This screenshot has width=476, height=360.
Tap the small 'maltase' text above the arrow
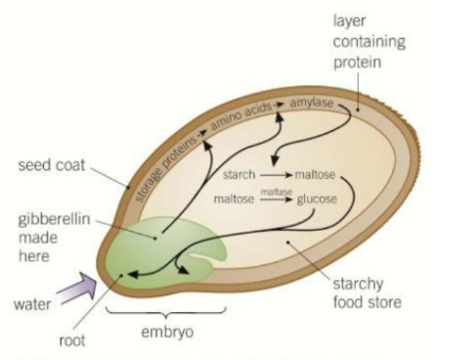click(x=274, y=192)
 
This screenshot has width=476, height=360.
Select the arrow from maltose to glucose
click(x=274, y=200)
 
